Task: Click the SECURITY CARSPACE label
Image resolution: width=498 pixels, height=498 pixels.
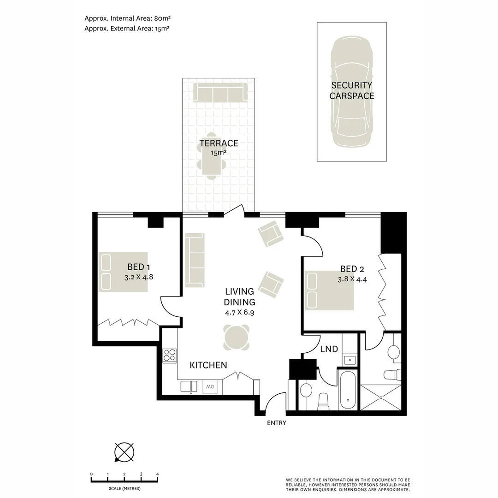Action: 351,90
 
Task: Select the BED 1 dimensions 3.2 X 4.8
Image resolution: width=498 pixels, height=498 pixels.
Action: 138,278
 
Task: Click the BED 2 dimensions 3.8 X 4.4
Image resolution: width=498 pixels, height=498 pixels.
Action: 352,279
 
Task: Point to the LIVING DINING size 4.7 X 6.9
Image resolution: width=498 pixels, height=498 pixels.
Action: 239,312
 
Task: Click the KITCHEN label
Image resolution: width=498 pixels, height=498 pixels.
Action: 208,365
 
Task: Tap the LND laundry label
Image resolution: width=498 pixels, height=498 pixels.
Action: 329,349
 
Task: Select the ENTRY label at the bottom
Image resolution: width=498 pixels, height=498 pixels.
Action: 277,423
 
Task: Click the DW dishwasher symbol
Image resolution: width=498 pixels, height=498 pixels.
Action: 210,386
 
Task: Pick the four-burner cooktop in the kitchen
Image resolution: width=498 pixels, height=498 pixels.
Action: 169,356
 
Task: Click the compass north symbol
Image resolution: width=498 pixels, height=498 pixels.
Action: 124,451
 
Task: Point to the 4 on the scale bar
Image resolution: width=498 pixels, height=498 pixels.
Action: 158,474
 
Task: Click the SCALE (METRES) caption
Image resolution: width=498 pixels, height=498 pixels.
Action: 125,488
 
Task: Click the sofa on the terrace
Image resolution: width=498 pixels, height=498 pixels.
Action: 219,93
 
